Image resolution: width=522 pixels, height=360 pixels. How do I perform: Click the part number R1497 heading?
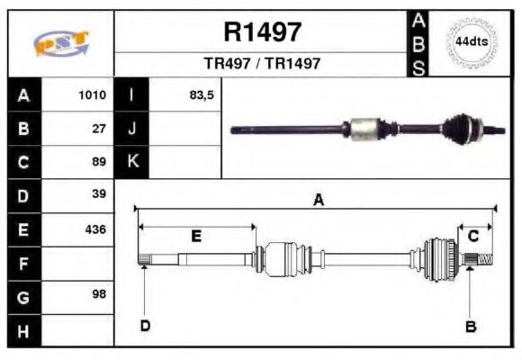click(262, 32)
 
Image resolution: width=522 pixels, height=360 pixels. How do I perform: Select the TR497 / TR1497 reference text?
click(262, 65)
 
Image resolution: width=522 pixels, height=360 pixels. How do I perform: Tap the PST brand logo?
click(60, 43)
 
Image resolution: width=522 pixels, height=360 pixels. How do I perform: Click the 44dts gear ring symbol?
click(471, 42)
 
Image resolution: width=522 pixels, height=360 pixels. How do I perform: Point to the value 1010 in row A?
click(92, 94)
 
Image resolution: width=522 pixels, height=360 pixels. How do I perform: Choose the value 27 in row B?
click(99, 128)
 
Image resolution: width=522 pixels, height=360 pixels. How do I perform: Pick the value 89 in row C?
click(99, 162)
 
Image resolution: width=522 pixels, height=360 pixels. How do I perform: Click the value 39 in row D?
click(99, 194)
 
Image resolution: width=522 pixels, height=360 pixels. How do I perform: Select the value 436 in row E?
click(95, 229)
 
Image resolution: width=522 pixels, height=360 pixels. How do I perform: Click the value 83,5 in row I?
click(201, 94)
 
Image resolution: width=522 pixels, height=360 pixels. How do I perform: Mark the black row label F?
click(23, 263)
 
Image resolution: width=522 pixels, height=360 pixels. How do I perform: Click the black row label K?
click(131, 162)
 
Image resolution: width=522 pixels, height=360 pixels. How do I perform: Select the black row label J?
click(131, 128)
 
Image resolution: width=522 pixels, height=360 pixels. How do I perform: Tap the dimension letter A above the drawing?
click(318, 201)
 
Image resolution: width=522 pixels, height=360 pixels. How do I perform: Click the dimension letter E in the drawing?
click(195, 236)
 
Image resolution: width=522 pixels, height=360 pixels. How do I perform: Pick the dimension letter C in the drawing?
click(472, 236)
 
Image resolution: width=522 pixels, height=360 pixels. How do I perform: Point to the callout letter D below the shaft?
click(145, 325)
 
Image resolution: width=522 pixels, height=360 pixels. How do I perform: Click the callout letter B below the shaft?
click(470, 326)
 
